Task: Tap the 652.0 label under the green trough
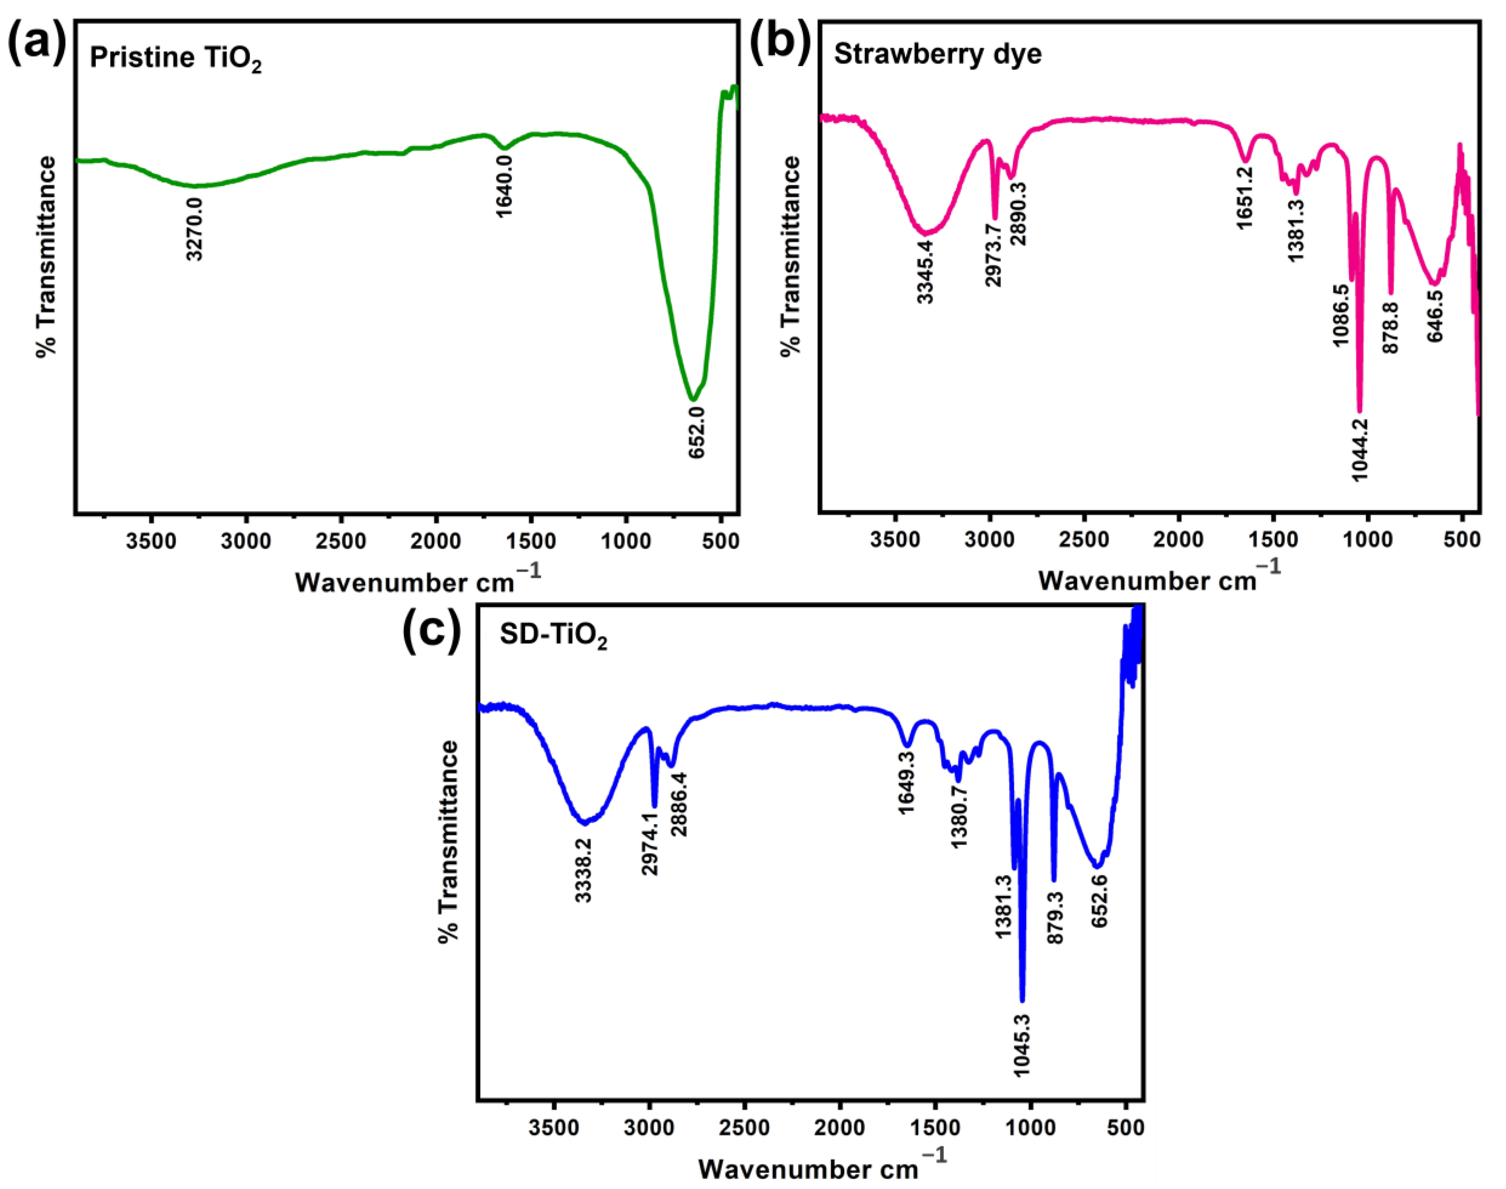pos(697,432)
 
